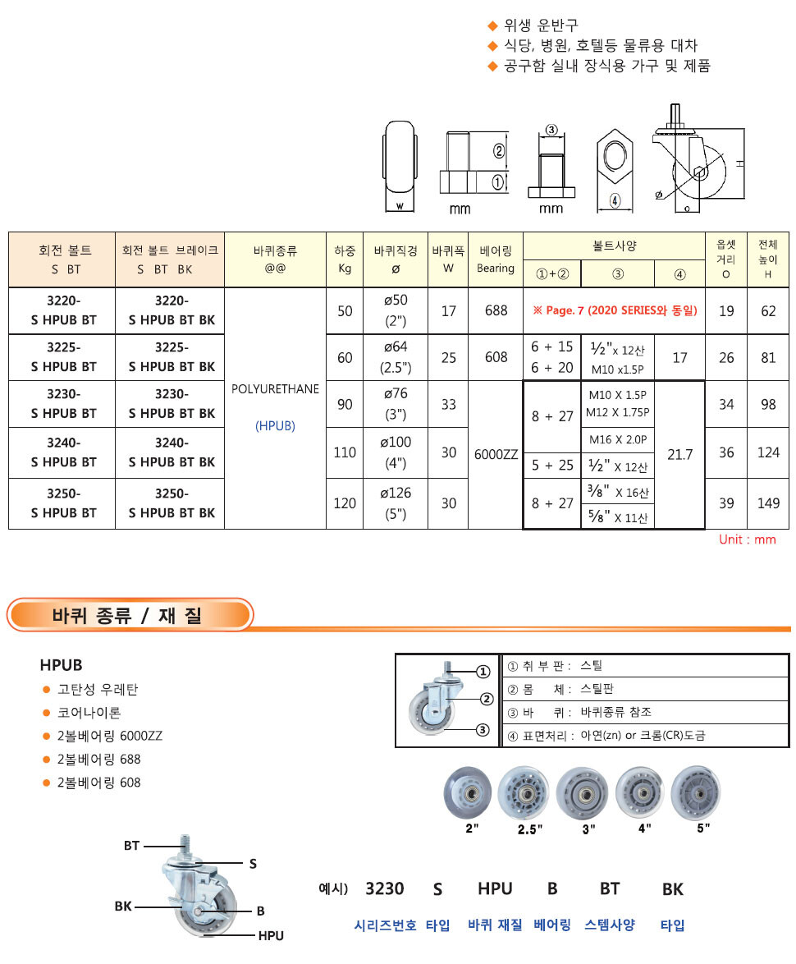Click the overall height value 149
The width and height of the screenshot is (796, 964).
point(768,503)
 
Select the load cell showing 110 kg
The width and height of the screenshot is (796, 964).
point(345,452)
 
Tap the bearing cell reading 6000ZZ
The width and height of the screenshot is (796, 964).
point(496,452)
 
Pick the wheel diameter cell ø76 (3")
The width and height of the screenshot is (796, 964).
point(396,403)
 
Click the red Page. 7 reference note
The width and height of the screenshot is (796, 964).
point(615,310)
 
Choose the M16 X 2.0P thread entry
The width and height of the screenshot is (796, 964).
point(618,440)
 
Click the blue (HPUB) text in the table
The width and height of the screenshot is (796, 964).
point(275,425)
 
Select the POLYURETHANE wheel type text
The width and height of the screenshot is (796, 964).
point(275,388)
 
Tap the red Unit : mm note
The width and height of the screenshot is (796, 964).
point(747,539)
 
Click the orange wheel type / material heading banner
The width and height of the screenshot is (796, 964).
point(130,614)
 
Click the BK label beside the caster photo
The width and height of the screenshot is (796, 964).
point(123,907)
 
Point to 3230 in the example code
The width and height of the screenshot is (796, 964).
point(384,888)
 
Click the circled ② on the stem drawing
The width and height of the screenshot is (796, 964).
point(497,150)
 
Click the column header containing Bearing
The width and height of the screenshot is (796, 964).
point(496,259)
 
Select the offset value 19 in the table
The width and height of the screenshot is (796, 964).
point(726,310)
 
